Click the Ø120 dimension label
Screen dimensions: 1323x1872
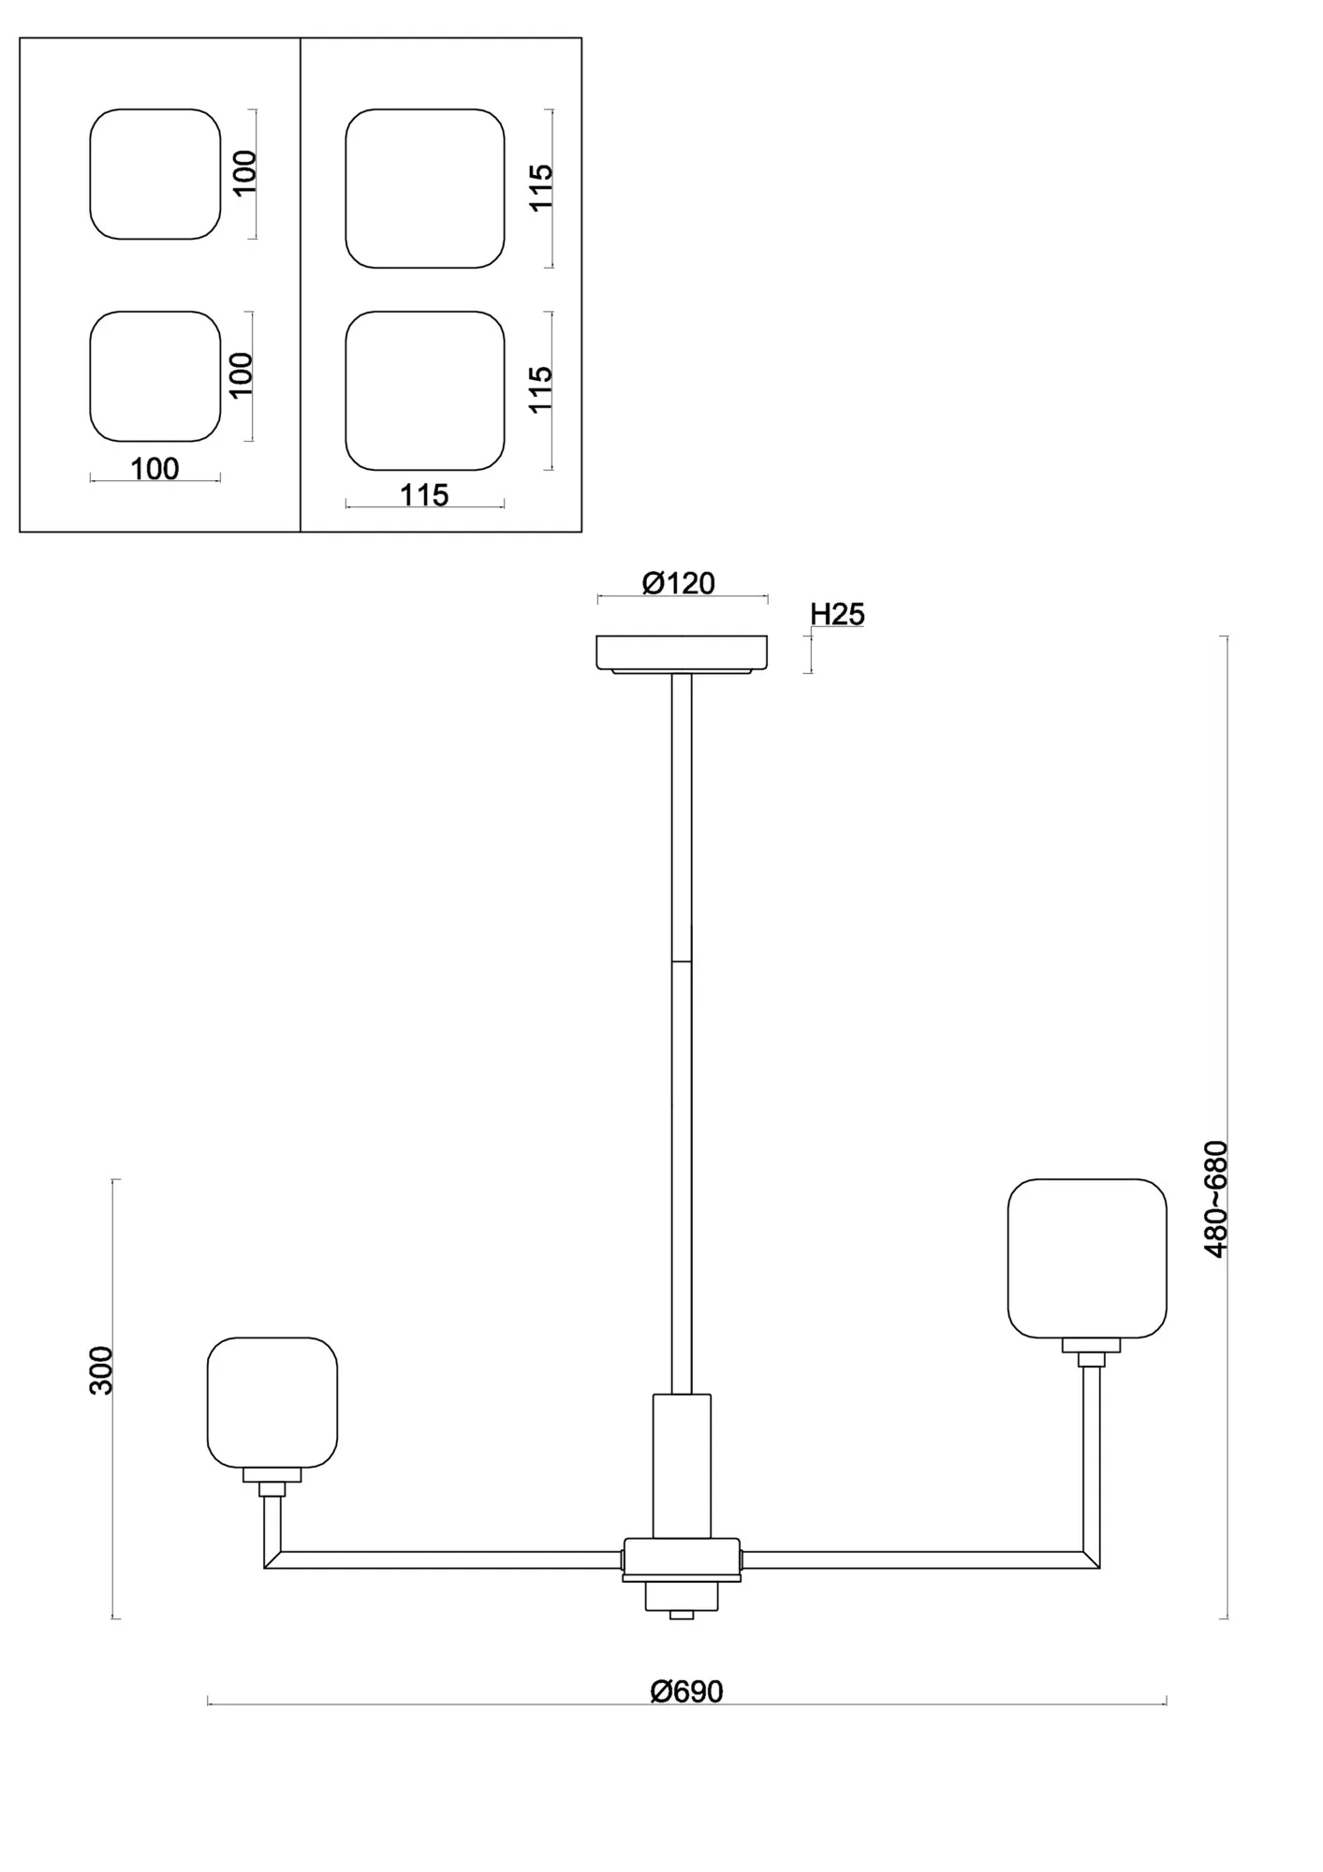pos(678,583)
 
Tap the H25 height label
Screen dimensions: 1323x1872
pos(837,614)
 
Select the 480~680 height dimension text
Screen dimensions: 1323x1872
pos(1215,1199)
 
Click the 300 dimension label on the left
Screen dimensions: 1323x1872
pos(101,1370)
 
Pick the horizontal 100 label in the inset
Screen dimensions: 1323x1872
pos(154,469)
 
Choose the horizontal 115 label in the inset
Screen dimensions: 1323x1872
pos(424,495)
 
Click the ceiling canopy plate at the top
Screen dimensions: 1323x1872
pos(682,653)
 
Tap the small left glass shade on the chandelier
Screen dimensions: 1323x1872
pos(272,1402)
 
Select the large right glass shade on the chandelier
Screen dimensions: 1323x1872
pos(1087,1259)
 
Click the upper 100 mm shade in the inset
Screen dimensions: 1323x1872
pos(155,174)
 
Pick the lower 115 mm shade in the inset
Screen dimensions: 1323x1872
pos(425,390)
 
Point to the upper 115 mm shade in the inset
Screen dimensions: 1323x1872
pos(425,188)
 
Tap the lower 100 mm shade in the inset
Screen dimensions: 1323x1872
pos(155,376)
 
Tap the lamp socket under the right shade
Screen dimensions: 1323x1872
pos(1091,1353)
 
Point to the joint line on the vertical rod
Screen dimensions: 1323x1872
pos(682,961)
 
